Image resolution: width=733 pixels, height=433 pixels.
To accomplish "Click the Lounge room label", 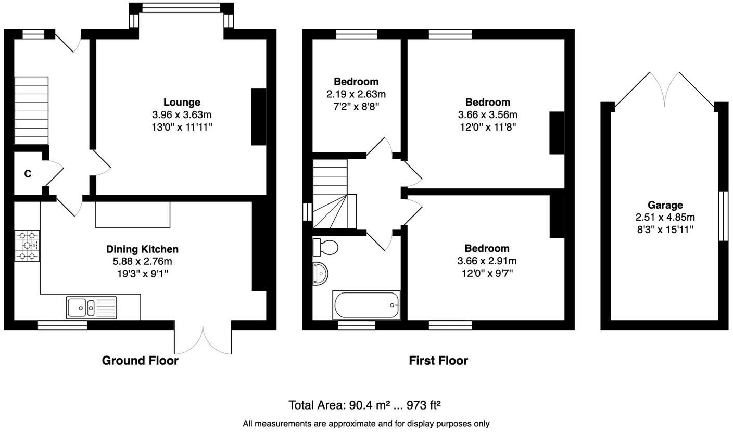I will [x=182, y=102].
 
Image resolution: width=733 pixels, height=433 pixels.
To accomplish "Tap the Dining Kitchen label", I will [x=142, y=249].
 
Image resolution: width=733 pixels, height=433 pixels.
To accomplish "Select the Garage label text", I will [x=665, y=205].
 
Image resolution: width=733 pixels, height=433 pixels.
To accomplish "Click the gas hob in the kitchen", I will [x=27, y=246].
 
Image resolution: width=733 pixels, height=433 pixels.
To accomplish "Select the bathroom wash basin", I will [x=321, y=273].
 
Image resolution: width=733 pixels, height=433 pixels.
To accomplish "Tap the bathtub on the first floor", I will [x=366, y=305].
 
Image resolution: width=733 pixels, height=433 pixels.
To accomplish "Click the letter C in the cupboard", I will [x=28, y=174].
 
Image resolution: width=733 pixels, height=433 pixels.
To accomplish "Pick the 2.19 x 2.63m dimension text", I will [x=356, y=94].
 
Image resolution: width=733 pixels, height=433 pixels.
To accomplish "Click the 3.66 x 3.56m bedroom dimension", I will [x=487, y=114].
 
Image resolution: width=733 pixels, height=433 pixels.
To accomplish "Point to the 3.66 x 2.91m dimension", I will [x=487, y=261].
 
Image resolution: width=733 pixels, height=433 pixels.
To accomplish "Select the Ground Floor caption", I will [x=140, y=360].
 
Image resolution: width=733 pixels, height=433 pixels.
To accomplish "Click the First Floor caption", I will [x=438, y=360].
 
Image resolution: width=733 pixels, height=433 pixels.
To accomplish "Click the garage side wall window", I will [x=723, y=216].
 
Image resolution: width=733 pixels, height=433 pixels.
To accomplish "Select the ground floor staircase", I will [x=31, y=111].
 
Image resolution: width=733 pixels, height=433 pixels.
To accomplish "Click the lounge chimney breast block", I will [x=259, y=117].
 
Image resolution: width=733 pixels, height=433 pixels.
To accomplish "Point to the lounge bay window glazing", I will [x=181, y=8].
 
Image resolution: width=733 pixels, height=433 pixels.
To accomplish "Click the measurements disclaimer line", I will [x=366, y=424].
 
